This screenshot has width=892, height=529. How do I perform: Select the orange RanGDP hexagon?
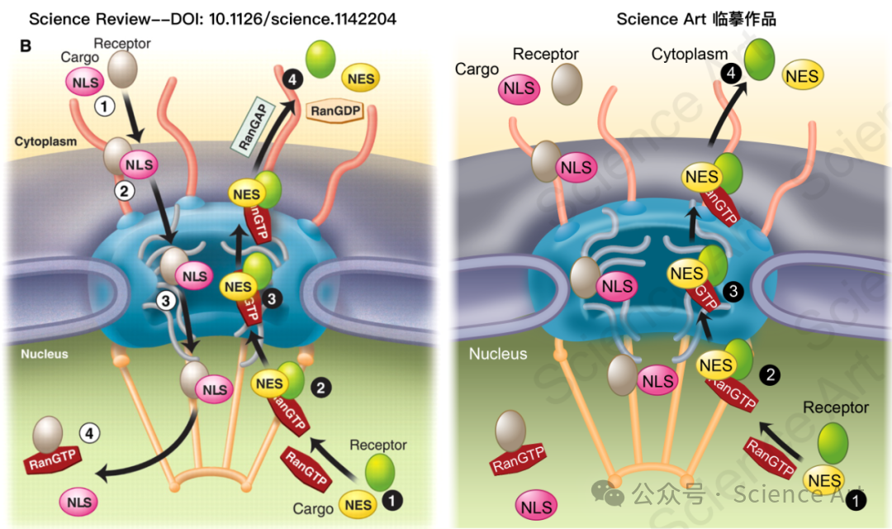335,109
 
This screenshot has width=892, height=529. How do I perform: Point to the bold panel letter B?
26,45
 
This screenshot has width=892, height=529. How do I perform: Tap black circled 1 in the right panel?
858,500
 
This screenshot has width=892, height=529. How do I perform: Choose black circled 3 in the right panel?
731,291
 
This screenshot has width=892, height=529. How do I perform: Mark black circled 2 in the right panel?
770,375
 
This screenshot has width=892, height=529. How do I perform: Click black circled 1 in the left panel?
391,499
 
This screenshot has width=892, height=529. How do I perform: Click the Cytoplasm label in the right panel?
689,55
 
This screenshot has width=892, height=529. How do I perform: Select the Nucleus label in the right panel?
498,354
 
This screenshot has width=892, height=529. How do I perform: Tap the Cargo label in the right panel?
477,69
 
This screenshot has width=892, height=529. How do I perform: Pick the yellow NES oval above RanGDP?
360,79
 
